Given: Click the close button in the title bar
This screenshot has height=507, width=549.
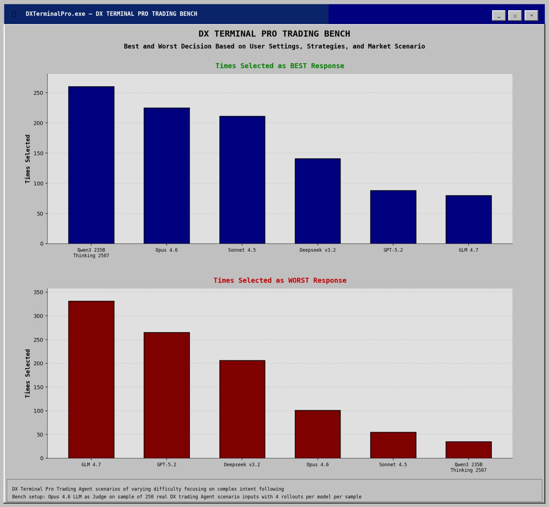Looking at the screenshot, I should click(531, 16).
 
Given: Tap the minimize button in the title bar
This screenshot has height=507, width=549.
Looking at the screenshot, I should click(499, 16).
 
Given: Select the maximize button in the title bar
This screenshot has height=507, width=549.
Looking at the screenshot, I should click(515, 16).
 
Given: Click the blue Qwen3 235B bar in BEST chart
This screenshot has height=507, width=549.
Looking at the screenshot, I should click(91, 165).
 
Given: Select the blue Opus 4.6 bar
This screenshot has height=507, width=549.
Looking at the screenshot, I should click(167, 176).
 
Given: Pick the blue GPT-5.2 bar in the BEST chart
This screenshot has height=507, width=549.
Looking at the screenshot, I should click(393, 217).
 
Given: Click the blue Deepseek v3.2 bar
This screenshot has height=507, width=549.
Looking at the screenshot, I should click(317, 201).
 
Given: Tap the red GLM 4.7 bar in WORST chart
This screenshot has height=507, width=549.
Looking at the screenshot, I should click(91, 379).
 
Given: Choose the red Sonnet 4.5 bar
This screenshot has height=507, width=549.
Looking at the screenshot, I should click(393, 445).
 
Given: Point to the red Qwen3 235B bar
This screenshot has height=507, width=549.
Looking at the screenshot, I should click(469, 450).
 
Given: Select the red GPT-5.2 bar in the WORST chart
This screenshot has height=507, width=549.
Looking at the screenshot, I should click(167, 395).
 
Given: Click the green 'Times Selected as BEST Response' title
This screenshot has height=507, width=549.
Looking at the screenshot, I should click(280, 66).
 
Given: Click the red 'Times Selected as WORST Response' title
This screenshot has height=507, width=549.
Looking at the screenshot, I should click(280, 281).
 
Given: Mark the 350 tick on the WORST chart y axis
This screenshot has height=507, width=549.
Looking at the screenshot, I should click(38, 292).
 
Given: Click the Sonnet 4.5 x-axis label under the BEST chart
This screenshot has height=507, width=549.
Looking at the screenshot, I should click(242, 250).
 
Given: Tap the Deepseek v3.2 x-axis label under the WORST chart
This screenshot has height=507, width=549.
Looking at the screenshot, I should click(242, 465).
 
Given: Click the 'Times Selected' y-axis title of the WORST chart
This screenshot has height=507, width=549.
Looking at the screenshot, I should click(28, 373).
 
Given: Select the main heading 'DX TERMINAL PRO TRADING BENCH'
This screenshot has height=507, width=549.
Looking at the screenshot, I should click(274, 34).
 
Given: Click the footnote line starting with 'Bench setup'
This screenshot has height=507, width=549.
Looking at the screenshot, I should click(186, 497).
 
